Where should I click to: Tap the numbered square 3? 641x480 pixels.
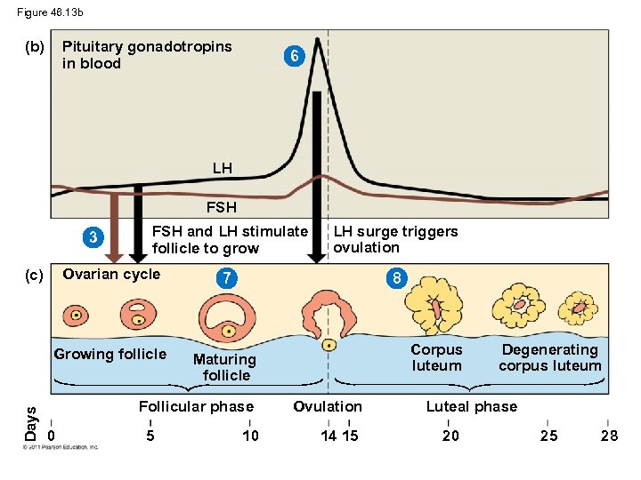(x=93, y=237)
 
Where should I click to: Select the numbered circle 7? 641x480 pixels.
(x=228, y=279)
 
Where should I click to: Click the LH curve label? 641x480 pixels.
(x=223, y=167)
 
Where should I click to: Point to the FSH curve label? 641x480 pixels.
(x=222, y=207)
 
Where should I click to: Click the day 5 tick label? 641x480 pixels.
(x=150, y=435)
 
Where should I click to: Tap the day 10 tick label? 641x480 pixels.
(x=250, y=435)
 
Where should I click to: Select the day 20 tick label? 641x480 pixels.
(x=451, y=435)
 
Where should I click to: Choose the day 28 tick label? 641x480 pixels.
(x=609, y=435)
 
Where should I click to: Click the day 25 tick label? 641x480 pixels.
(x=550, y=435)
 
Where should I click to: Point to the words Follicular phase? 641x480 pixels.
(x=196, y=407)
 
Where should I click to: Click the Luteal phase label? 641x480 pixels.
(x=471, y=407)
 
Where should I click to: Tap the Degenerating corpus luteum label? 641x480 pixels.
(x=549, y=357)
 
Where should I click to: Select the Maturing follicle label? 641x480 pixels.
(x=226, y=367)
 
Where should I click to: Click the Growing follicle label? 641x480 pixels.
(x=110, y=355)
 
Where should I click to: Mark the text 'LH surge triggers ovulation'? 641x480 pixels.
(x=395, y=239)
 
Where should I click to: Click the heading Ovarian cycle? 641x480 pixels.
(x=111, y=274)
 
